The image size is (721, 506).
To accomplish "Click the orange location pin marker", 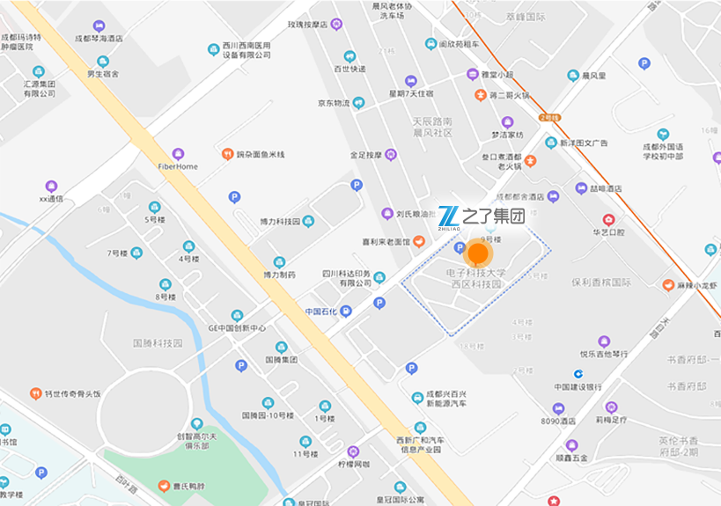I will click(478, 253).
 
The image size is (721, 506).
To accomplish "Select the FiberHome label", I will click(178, 166).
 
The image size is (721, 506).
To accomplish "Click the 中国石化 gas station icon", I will click(346, 311).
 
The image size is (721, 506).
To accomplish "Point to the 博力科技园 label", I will click(280, 222).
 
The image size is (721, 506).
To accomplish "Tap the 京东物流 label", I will click(335, 103).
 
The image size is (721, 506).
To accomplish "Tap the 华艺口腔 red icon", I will click(608, 219).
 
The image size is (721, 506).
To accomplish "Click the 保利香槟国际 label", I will click(601, 283).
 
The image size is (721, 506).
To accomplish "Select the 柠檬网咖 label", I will click(353, 464).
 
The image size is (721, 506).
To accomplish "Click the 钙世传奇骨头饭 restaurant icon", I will click(36, 393).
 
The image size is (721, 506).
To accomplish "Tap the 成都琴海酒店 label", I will click(99, 39).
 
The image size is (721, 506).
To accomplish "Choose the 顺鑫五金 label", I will click(571, 458).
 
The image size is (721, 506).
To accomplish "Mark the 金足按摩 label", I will click(365, 155).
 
